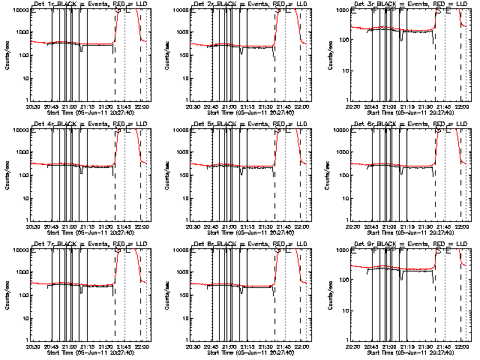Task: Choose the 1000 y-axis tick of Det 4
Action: [19, 153]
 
